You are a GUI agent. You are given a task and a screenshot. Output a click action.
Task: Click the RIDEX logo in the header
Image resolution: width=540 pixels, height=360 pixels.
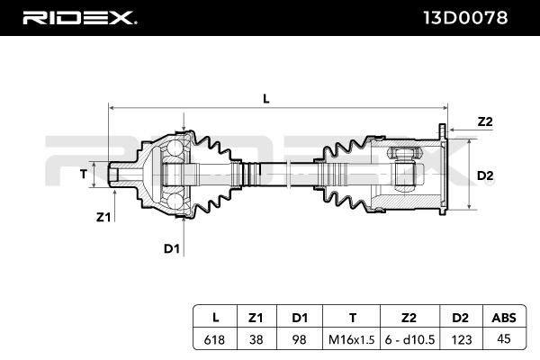(x=79, y=18)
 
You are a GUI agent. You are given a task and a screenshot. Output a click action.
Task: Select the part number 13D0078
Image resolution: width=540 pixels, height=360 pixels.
(x=465, y=18)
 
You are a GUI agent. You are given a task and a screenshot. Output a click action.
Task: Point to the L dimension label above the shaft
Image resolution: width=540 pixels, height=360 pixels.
(x=265, y=99)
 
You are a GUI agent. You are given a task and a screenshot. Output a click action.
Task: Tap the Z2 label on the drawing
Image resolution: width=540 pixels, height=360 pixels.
(x=485, y=121)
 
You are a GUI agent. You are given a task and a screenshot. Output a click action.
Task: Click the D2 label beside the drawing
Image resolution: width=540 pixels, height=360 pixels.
(x=485, y=176)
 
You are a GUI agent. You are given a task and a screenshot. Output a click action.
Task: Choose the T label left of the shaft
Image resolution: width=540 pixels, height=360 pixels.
(x=84, y=175)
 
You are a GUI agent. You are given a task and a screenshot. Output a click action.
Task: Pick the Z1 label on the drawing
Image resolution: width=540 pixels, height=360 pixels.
(x=103, y=218)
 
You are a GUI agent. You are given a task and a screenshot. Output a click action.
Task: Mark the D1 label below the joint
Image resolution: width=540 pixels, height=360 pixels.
(x=172, y=248)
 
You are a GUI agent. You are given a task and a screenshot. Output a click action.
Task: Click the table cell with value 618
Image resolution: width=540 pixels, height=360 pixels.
(x=214, y=339)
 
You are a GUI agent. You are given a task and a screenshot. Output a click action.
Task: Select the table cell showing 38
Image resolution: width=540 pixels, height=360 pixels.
(x=256, y=339)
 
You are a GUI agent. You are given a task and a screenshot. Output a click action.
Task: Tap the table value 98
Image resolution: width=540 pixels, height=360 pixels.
(x=299, y=339)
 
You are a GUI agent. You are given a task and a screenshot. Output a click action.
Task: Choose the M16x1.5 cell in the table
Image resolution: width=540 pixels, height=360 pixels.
(x=351, y=339)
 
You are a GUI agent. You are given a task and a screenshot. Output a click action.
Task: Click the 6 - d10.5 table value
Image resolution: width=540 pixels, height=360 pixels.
(x=409, y=339)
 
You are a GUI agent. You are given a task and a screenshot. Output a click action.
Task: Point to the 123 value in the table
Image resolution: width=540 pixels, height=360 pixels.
(x=462, y=339)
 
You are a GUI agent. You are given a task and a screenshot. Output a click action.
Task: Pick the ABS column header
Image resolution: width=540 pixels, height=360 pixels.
(x=504, y=318)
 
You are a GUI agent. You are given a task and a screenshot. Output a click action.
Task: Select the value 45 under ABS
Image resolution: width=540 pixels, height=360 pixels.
(x=504, y=339)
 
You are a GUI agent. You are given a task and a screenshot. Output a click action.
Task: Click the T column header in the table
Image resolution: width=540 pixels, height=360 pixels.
(x=352, y=318)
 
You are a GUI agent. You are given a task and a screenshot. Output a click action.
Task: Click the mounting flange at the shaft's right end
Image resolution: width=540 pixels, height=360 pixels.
(x=443, y=169)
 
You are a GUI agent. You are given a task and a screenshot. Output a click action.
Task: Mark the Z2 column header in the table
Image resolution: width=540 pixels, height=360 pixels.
(x=409, y=318)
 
